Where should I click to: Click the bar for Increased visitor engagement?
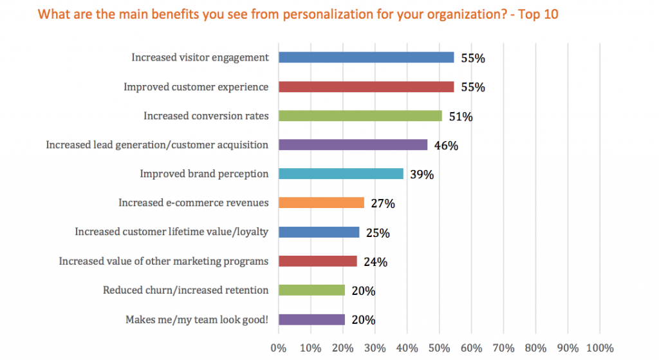coord(366,57)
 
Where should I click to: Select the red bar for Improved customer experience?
coord(366,86)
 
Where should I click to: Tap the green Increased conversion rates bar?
coord(360,116)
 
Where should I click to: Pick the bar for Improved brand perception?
coord(340,174)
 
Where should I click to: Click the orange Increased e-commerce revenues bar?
coord(321,203)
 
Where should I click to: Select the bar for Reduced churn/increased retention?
coord(311,290)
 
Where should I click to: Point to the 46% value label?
coord(445,146)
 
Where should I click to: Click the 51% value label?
coord(460,117)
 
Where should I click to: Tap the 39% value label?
coord(422,175)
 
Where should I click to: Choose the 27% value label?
coord(382,204)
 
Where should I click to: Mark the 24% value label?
coord(375,262)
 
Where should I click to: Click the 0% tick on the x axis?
coord(279,348)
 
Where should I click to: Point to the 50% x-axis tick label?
coord(439,348)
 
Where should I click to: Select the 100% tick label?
coord(600,348)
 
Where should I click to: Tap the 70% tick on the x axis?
coord(503,348)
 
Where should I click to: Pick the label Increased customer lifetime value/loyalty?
coord(172,232)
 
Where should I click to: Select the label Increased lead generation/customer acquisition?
coord(157,145)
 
